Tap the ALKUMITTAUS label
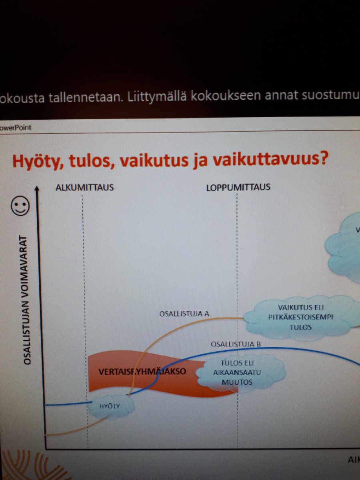coord(85,187)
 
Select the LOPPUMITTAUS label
coord(238,187)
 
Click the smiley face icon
coord(20,206)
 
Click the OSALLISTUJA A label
coord(184,313)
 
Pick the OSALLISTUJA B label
coord(236,344)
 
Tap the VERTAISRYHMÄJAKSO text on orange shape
coord(142,372)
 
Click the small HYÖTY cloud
coord(110,406)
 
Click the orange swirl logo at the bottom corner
coord(24,466)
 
